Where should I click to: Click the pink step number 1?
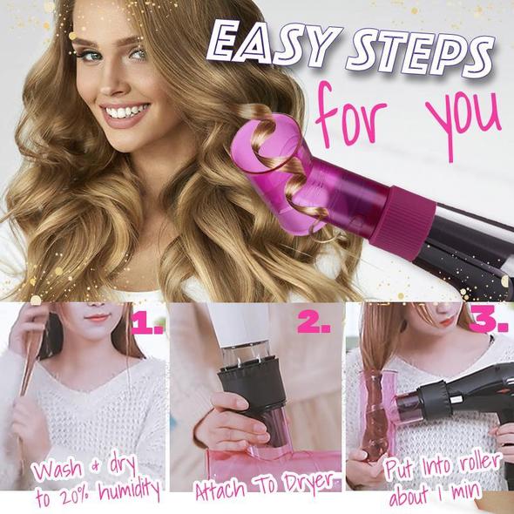[146, 326]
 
